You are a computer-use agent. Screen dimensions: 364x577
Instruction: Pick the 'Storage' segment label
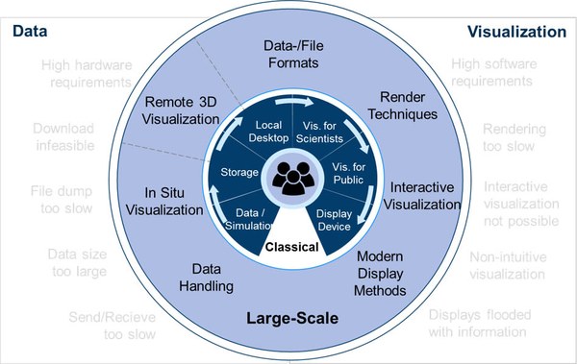[x=238, y=173]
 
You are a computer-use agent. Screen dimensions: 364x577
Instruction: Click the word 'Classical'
[x=291, y=248]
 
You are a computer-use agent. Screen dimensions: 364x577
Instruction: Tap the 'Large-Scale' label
[x=288, y=316]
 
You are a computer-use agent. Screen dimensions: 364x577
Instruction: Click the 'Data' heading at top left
[x=29, y=33]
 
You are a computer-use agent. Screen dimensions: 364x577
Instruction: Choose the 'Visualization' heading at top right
[x=516, y=32]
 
